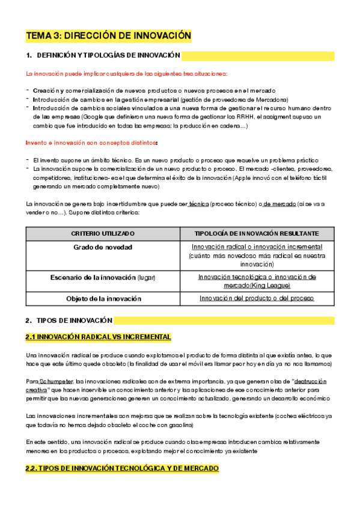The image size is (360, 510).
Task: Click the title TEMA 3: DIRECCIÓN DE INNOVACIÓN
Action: tap(108, 36)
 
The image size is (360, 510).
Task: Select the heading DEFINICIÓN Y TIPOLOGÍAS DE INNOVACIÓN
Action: tap(103, 56)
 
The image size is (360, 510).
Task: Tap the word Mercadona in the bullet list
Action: tap(270, 99)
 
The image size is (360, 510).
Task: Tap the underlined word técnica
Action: tap(199, 204)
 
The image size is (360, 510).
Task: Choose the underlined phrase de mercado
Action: tap(279, 204)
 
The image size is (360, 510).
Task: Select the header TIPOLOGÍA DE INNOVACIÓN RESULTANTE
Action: tap(257, 233)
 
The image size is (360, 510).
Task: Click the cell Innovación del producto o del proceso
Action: tap(257, 298)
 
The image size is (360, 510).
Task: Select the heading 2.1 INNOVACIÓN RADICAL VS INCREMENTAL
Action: tap(98, 337)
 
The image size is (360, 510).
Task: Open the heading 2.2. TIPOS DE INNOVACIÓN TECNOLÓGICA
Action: tap(122, 469)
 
